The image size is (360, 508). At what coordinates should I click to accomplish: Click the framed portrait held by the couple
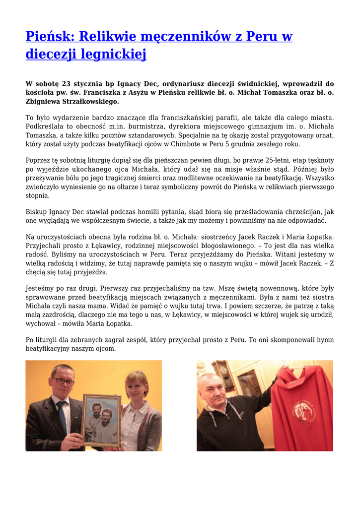(101, 419)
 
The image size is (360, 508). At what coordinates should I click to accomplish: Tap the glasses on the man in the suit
(63, 381)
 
